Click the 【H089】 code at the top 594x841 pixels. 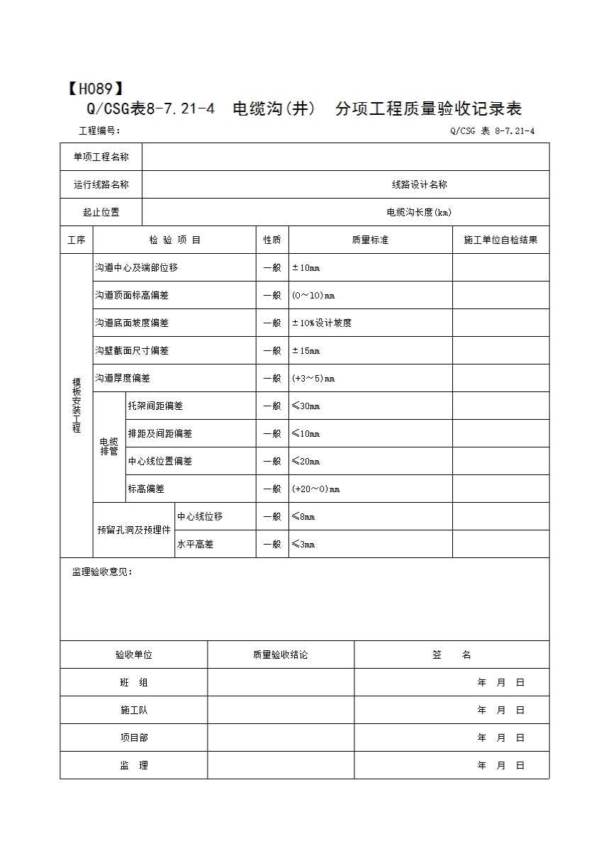coord(95,89)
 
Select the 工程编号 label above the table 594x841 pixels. coord(99,130)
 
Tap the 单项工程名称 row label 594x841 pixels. coord(101,157)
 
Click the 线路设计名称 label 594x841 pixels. coord(420,184)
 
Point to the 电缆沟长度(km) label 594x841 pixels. coord(419,212)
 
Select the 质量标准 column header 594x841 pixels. coord(370,240)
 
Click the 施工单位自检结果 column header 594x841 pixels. coord(500,240)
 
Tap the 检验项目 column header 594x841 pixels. coord(174,240)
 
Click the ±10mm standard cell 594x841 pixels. coord(306,268)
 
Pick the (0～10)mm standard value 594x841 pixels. coord(313,296)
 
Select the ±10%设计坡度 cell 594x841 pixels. coord(322,323)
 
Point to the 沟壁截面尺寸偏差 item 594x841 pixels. coord(132,350)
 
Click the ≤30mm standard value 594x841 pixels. coord(306,406)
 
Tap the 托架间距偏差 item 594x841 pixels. coord(155,406)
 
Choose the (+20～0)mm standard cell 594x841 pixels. coord(316,489)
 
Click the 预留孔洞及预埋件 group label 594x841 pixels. coord(134,530)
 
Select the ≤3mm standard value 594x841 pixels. coord(303,545)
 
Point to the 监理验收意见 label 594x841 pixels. coord(102,572)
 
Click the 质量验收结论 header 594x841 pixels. coord(280,655)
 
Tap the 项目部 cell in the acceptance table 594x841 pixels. coord(134,737)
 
